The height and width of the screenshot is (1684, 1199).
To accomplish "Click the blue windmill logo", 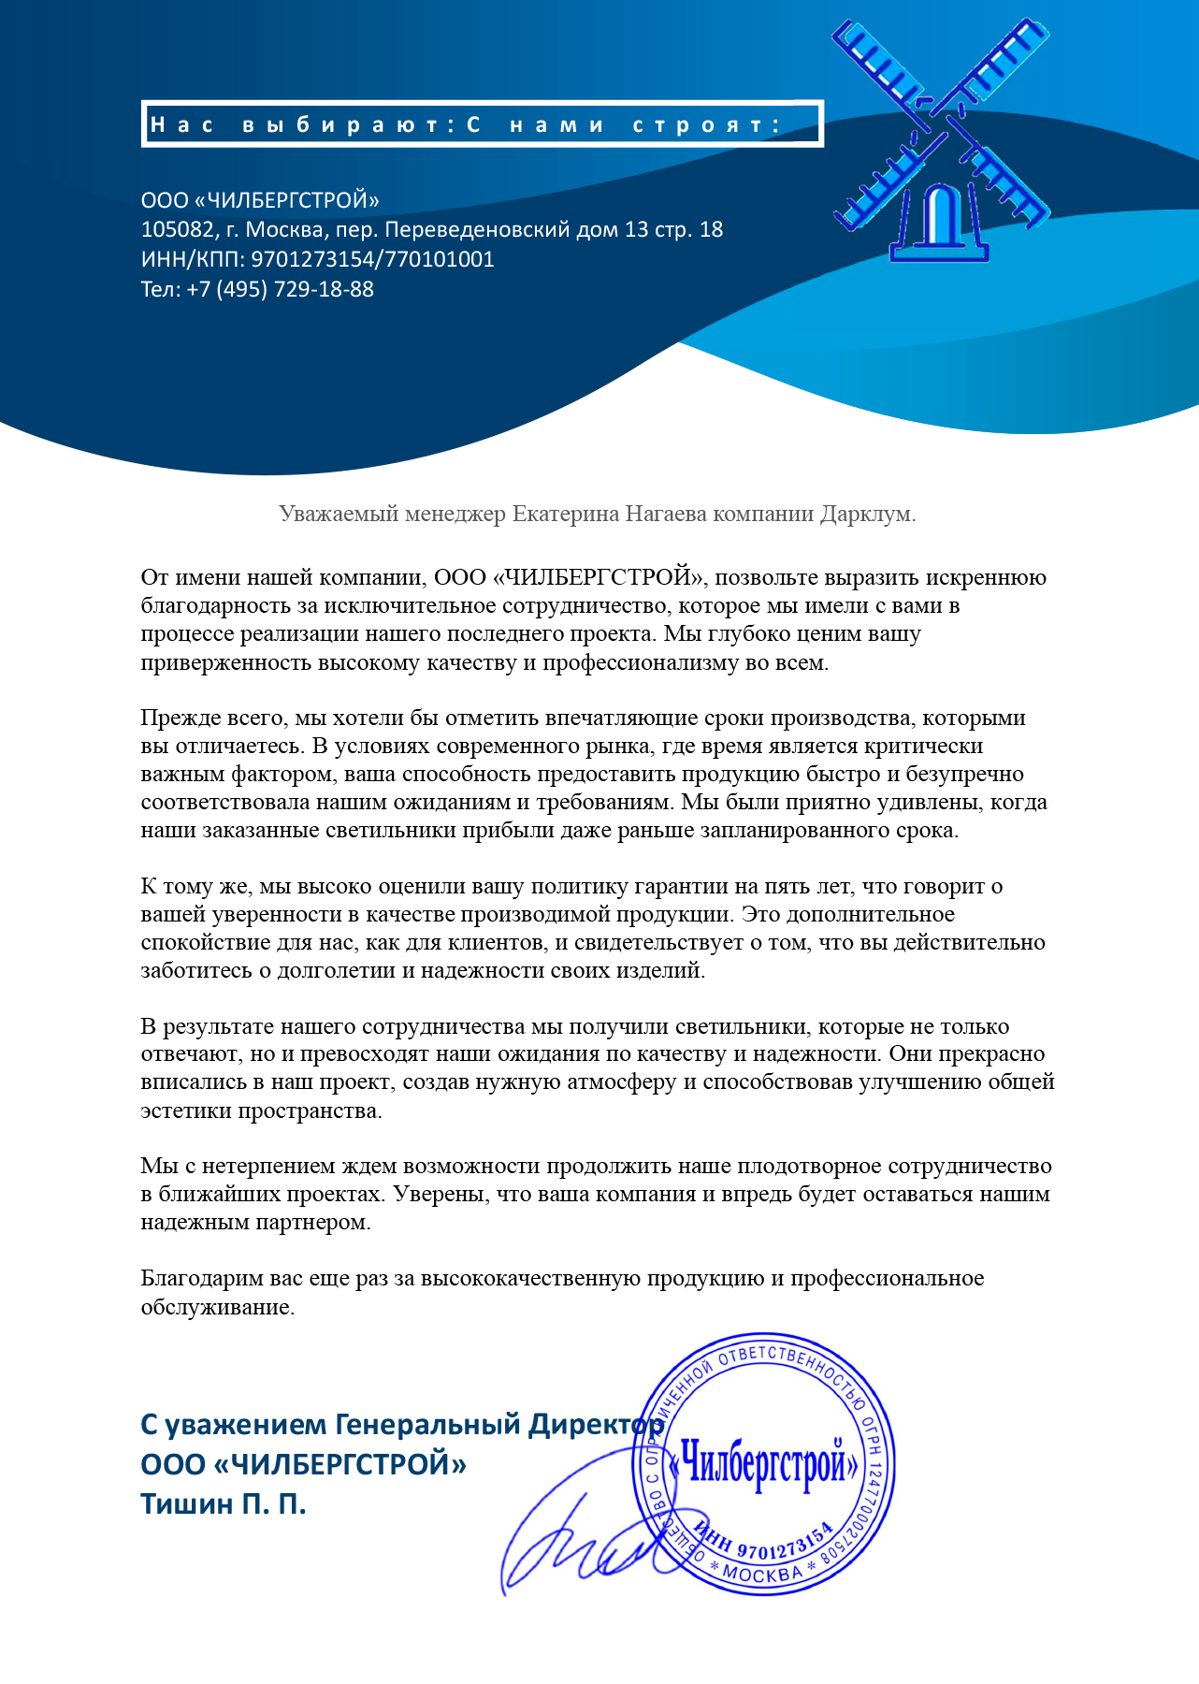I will [x=940, y=140].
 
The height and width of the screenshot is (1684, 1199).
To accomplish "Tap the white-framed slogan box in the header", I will [x=482, y=124].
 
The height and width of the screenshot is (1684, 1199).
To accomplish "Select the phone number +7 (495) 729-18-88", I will [x=280, y=289].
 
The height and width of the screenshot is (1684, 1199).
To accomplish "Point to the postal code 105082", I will [x=177, y=229].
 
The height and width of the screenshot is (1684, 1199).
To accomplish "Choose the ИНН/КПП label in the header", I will [x=192, y=259].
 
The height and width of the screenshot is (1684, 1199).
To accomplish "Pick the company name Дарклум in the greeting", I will [x=865, y=514].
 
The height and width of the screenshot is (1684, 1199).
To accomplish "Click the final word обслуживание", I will [x=217, y=1307].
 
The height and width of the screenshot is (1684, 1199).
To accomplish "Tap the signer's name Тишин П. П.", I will [x=223, y=1503].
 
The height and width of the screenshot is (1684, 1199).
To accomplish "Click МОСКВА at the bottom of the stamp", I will [x=762, y=1575].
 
